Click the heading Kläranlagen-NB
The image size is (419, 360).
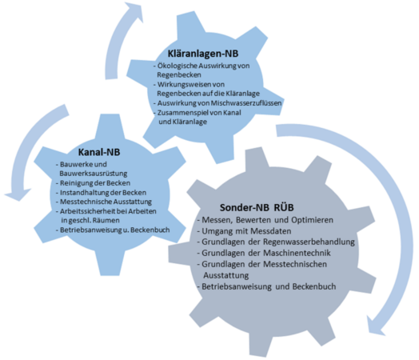coord(203,54)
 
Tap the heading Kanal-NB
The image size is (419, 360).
coord(99,152)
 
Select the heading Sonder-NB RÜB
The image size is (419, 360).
coord(257,208)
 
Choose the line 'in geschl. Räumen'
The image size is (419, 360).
coord(90,221)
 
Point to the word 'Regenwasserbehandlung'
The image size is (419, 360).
coord(309,242)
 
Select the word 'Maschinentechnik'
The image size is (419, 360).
coord(297,253)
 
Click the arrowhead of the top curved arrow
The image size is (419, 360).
coord(134,11)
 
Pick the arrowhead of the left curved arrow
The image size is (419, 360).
coord(18,194)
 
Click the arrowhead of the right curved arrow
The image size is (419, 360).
coord(375,326)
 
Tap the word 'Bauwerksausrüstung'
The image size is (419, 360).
coord(94,174)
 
